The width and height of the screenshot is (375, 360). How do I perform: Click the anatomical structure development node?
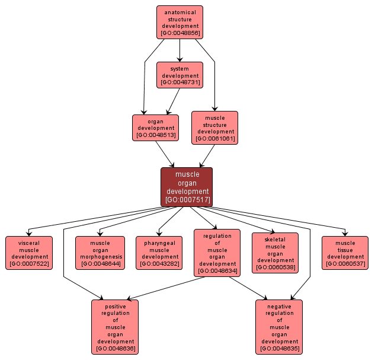180,22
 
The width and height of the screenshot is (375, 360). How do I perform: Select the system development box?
180,75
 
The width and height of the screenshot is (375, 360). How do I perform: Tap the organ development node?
156,128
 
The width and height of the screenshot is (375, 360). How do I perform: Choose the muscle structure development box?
214,128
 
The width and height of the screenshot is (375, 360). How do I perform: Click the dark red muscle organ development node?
187,187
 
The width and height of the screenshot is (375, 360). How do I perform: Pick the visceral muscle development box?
29,253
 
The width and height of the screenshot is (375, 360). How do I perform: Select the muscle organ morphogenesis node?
100,253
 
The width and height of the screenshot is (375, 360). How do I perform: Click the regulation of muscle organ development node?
217,253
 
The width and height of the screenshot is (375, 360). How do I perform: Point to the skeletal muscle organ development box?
275,253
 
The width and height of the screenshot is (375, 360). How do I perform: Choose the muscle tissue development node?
345,253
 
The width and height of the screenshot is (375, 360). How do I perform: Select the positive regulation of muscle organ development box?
115,327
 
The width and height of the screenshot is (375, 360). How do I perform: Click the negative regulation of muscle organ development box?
278,327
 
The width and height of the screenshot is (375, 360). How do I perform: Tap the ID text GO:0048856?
180,33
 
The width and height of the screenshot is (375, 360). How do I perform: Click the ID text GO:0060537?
345,264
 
